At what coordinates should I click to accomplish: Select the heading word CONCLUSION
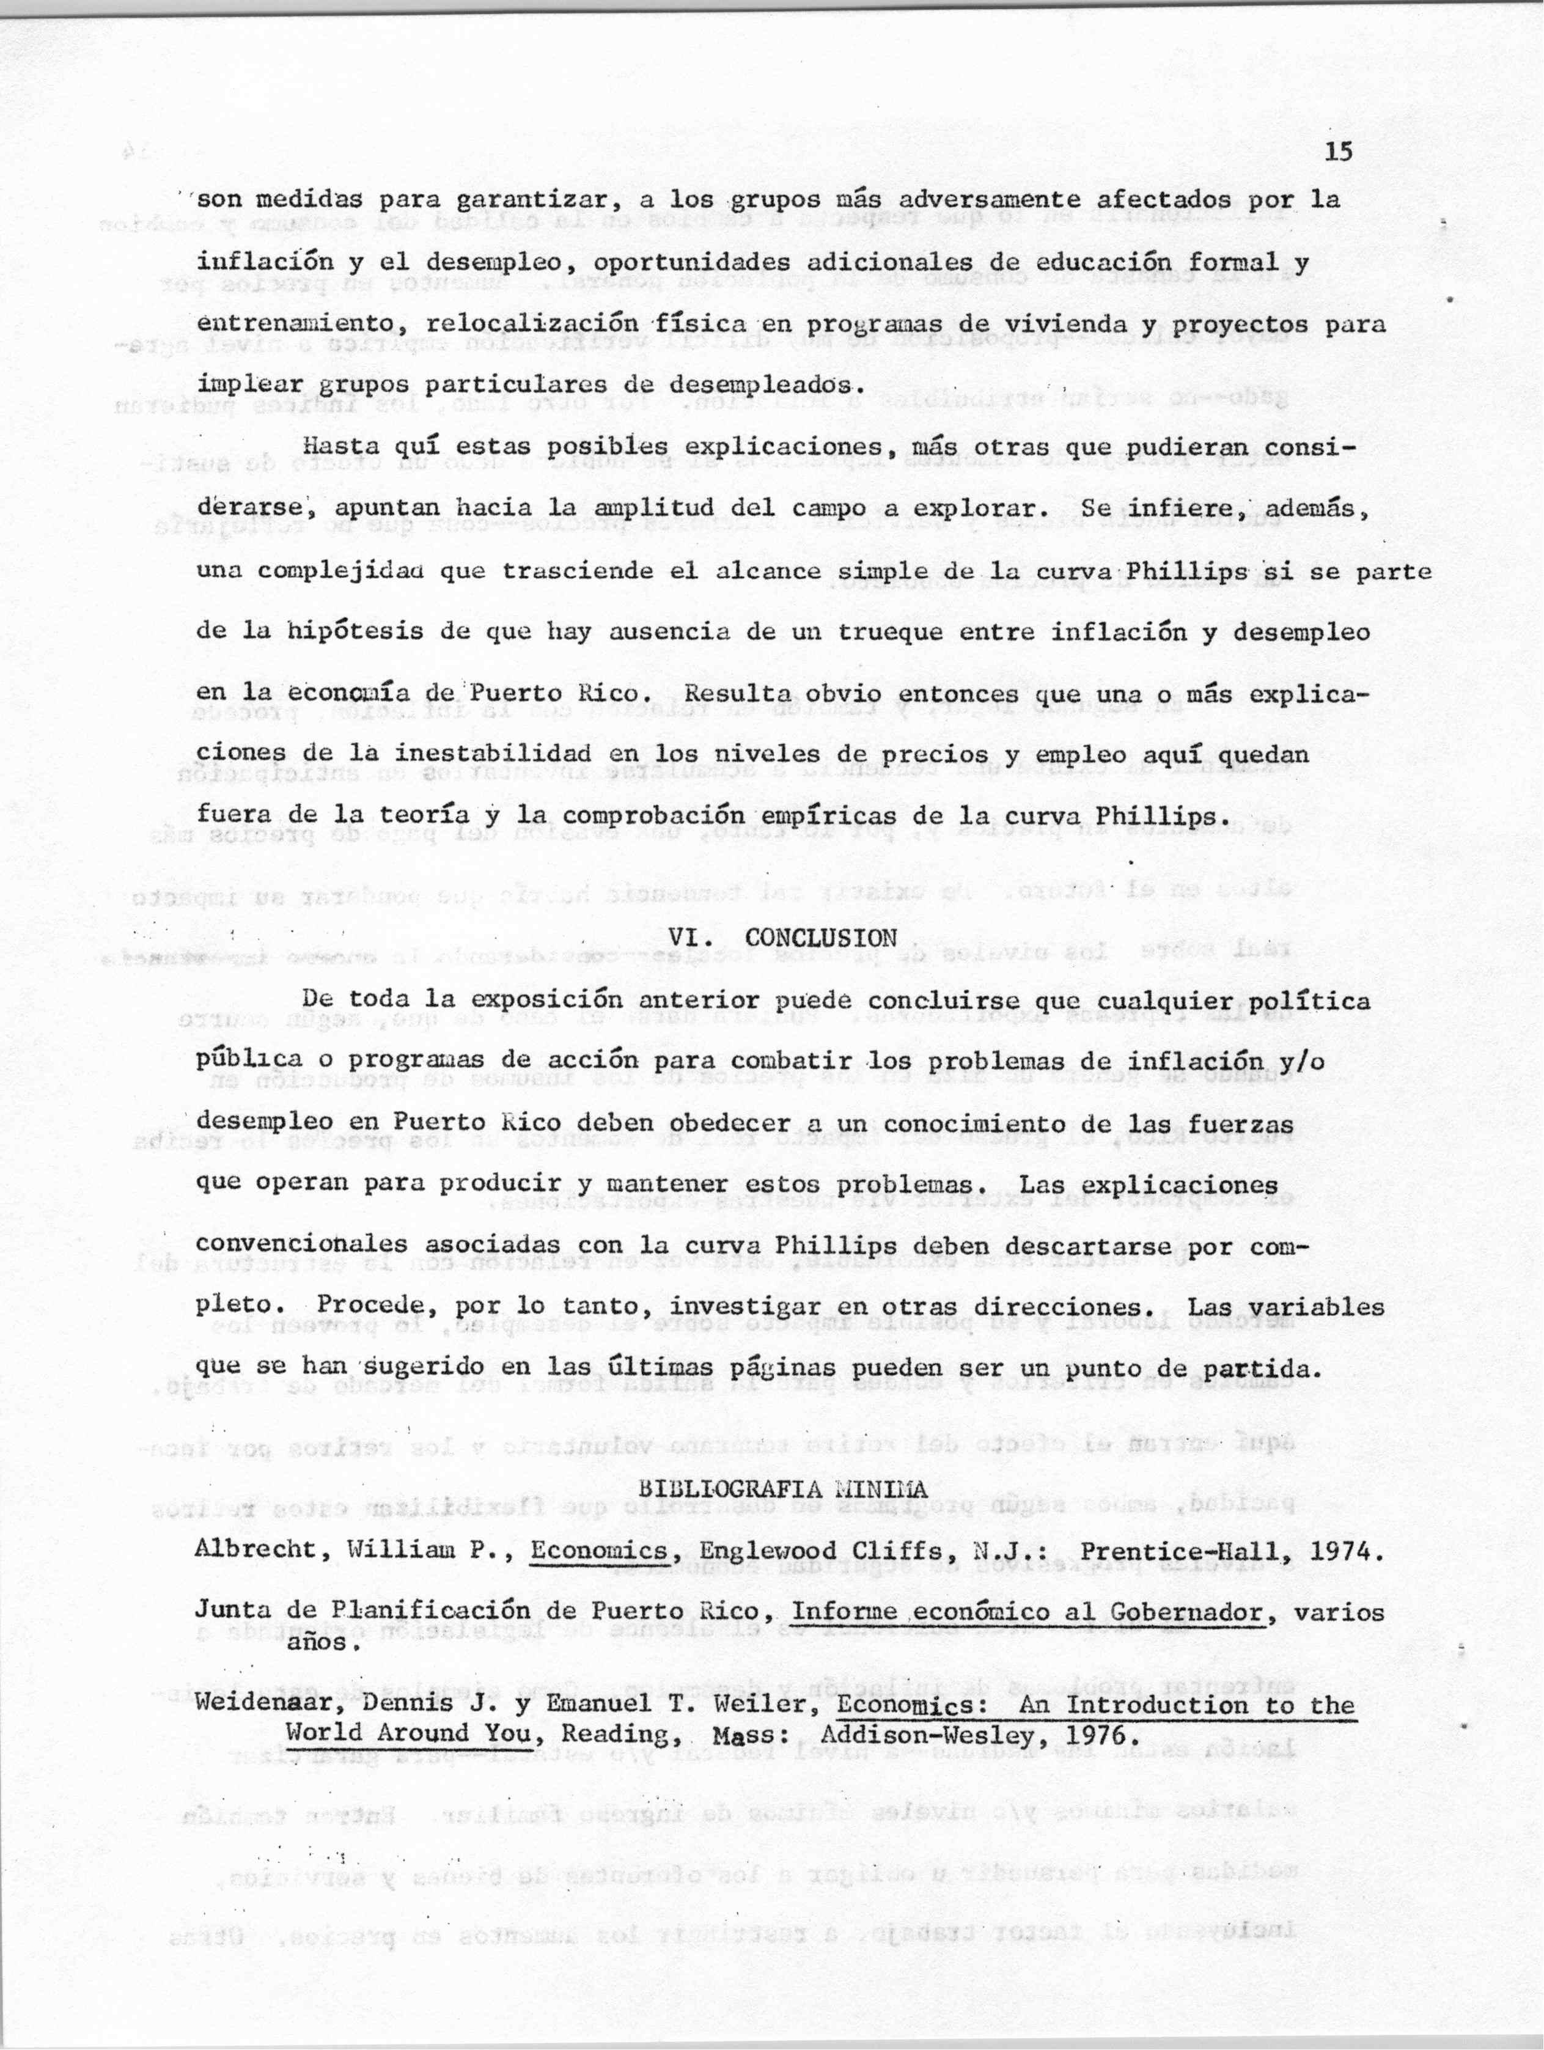pyautogui.click(x=821, y=937)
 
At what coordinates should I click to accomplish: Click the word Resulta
pyautogui.click(x=736, y=693)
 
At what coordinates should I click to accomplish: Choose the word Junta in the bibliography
pyautogui.click(x=227, y=1612)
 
